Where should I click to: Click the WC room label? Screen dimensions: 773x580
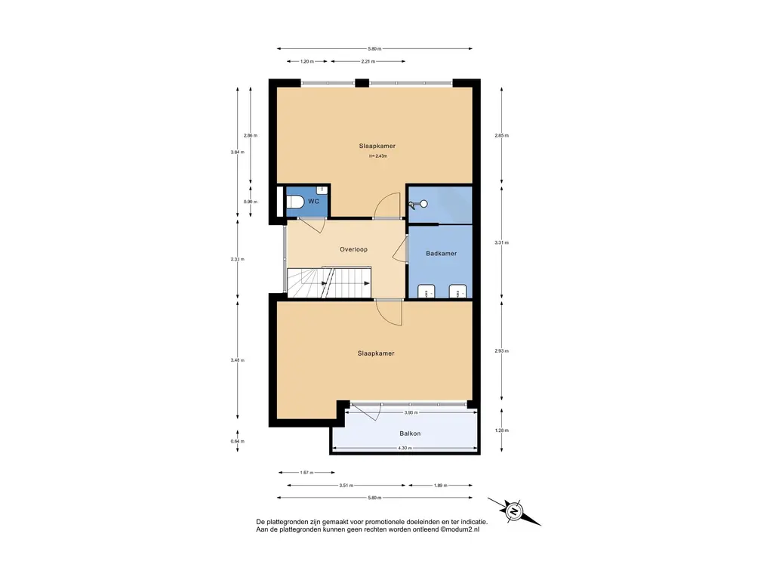click(313, 201)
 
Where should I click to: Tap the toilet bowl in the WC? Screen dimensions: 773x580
click(295, 202)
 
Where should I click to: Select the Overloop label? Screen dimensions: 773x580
click(353, 249)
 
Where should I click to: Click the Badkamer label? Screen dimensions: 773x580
click(441, 254)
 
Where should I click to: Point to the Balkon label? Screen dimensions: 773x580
click(410, 433)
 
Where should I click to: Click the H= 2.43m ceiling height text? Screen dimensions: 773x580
click(378, 156)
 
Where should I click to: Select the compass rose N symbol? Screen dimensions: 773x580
click(513, 511)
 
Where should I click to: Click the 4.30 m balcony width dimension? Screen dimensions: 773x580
click(405, 448)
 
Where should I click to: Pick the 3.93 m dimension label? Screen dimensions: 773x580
click(411, 412)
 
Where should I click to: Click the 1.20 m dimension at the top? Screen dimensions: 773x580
click(307, 62)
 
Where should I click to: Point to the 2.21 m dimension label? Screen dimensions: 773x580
click(368, 62)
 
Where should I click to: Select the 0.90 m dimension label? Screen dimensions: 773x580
click(251, 202)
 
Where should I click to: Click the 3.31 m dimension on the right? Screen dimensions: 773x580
click(501, 242)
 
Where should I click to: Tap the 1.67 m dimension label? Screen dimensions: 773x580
click(306, 473)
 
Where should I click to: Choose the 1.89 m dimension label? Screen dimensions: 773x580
click(440, 486)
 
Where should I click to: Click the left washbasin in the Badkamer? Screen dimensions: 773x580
click(427, 291)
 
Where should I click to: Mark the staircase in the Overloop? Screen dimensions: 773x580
click(329, 282)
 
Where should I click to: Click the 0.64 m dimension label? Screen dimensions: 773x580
click(238, 441)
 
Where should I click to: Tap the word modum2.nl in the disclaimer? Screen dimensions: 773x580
click(462, 529)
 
